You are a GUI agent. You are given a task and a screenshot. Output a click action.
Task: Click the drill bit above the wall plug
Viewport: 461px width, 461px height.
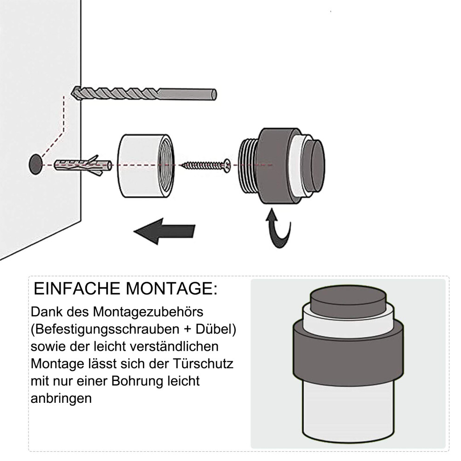144,94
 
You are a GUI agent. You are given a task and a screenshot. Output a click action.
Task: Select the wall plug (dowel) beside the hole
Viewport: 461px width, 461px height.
83,165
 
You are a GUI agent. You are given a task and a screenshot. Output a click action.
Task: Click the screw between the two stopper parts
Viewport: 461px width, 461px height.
205,165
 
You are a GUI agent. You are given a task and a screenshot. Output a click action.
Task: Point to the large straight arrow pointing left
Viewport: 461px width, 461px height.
164,231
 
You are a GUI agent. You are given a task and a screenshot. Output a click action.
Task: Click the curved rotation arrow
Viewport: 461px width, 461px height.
278,229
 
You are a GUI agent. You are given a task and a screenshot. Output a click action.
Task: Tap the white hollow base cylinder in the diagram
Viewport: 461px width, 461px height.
146,166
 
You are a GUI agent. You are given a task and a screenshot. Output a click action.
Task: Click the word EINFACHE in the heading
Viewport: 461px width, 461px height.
77,288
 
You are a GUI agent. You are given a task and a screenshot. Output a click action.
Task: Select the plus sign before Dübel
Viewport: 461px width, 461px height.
187,330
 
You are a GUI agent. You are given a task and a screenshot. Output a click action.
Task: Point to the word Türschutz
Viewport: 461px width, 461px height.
203,364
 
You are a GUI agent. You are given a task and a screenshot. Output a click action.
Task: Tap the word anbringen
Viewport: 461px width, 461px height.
61,399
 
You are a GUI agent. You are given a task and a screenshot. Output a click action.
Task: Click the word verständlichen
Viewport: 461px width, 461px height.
174,346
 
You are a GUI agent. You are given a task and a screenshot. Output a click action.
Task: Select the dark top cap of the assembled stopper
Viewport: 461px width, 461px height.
348,300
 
